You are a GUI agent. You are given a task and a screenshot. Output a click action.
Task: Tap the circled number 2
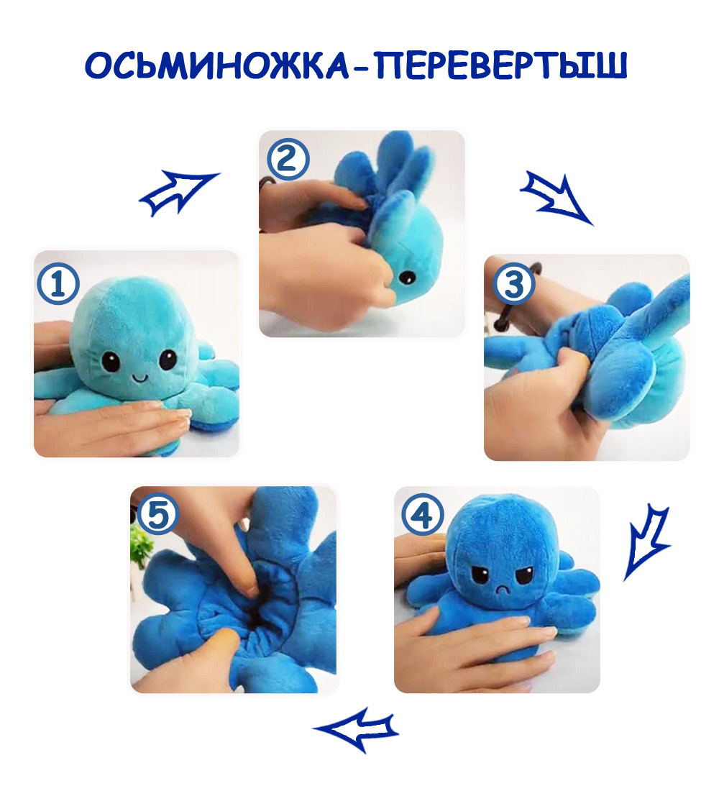(x=288, y=159)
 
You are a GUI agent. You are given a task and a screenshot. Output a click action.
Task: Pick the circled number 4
(x=423, y=515)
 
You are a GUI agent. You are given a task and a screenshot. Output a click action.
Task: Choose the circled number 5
(x=158, y=514)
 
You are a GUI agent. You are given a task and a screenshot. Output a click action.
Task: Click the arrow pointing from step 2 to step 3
(x=556, y=198)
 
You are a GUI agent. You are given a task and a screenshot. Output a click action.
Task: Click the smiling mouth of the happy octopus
(x=139, y=377)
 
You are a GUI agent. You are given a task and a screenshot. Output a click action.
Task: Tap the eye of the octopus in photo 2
(x=406, y=277)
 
